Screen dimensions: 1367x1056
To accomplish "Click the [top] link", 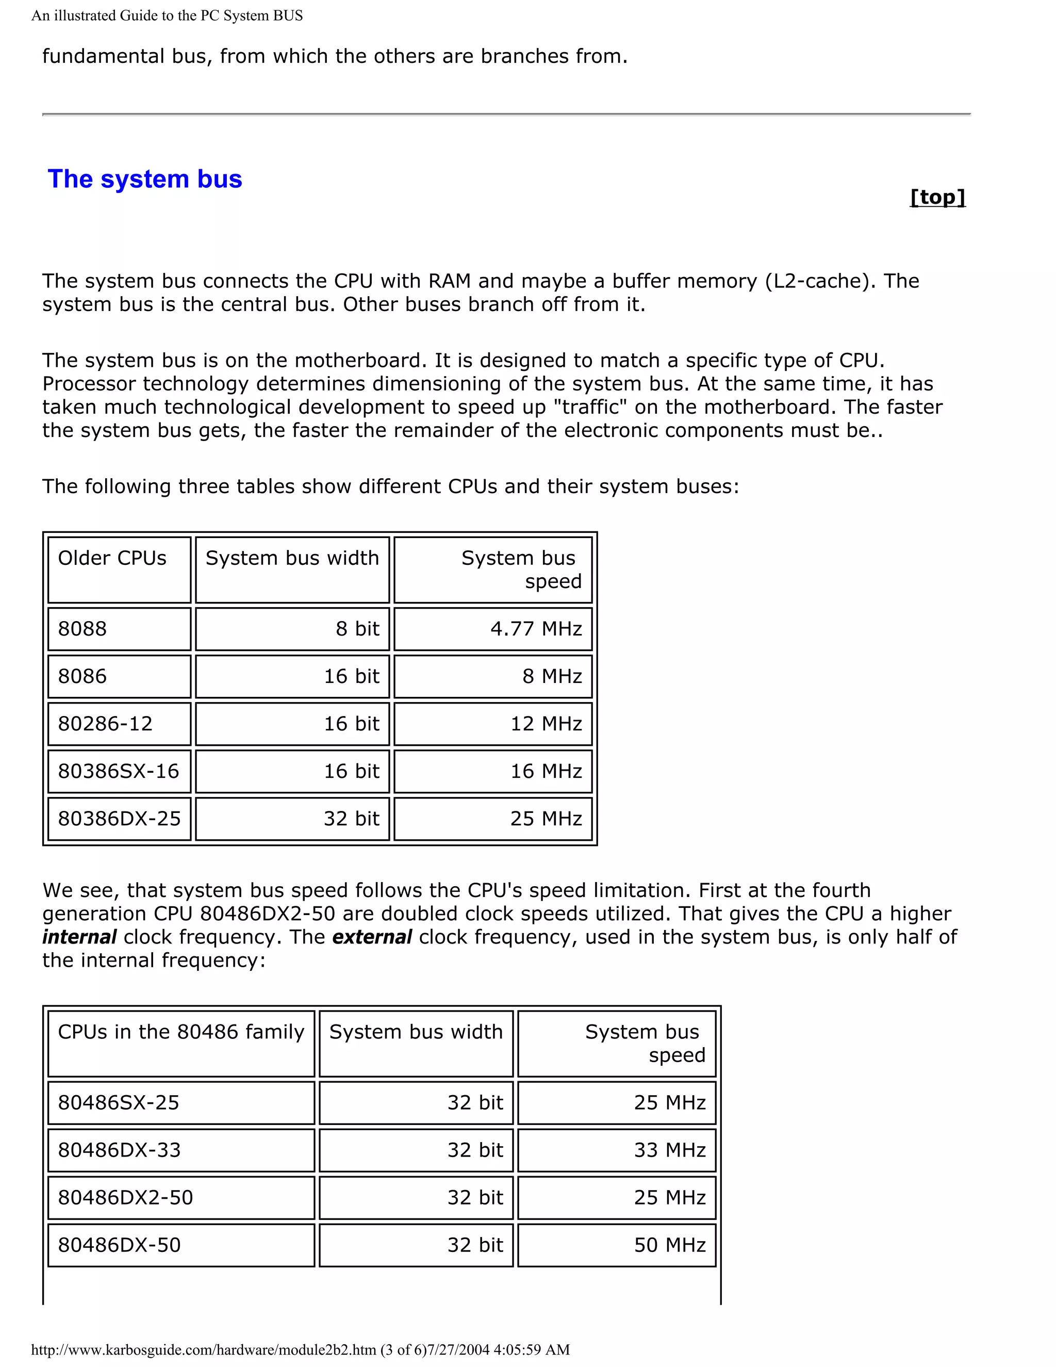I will pos(937,197).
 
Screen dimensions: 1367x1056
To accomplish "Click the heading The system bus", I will pos(145,179).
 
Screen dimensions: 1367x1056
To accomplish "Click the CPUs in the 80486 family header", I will pos(181,1032).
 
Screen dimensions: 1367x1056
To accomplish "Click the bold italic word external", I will pos(372,937).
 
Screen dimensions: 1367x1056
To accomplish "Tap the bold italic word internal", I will pos(79,937).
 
